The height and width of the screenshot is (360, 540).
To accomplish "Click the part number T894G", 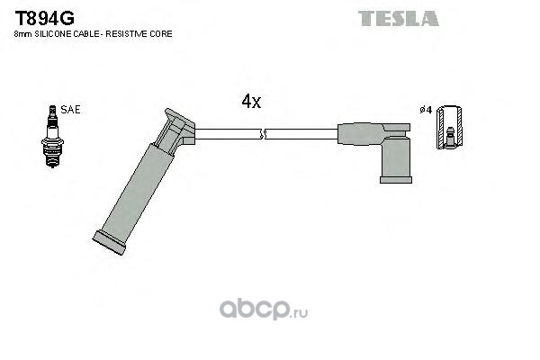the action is [44, 18].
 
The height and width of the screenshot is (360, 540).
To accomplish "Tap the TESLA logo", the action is [399, 19].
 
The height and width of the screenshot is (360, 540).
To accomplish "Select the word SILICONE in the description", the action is [53, 34].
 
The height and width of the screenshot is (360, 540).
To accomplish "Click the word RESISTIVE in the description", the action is [126, 34].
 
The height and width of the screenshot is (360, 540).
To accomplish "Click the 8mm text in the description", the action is [23, 34].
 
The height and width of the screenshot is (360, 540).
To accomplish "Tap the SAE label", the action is [70, 110].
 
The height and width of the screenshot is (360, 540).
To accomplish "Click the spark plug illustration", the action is [52, 137].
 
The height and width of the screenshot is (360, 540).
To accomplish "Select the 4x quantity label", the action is [251, 102].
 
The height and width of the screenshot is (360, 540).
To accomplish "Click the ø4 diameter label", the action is [426, 110].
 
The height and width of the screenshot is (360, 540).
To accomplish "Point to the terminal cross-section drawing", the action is [449, 128].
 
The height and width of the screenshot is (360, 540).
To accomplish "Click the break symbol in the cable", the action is [263, 134].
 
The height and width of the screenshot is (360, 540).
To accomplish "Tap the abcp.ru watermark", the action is [264, 309].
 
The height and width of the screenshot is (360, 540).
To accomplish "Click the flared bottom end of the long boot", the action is [109, 242].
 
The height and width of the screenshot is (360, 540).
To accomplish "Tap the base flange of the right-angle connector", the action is [396, 180].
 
